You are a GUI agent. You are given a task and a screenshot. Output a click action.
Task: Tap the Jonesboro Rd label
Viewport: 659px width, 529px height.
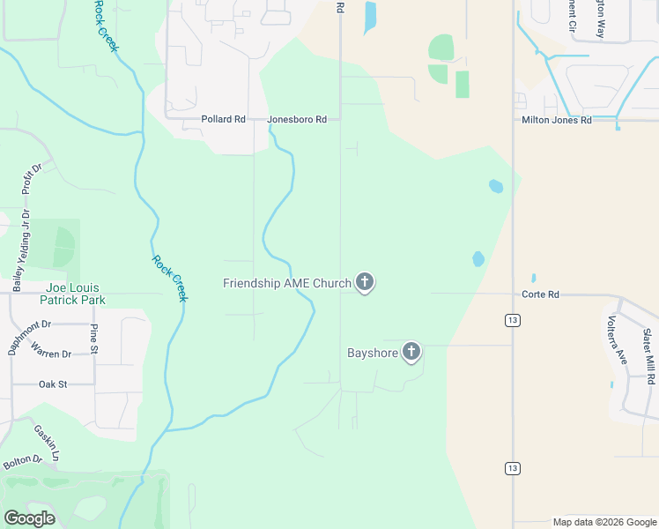point(298,119)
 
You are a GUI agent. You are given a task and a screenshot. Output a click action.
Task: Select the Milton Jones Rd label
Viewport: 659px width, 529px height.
point(557,120)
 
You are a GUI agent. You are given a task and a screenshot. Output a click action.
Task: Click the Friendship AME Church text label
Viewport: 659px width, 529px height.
point(286,283)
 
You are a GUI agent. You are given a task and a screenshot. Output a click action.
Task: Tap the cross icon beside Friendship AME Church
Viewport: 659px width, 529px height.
point(365,283)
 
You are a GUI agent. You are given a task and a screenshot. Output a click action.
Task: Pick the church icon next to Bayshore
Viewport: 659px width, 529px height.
point(411,353)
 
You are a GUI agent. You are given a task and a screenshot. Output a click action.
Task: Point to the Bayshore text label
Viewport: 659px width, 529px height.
point(372,354)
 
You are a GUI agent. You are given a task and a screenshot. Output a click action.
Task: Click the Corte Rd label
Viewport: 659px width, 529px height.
point(540,294)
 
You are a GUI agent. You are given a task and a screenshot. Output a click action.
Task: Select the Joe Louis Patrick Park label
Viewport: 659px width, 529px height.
point(72,294)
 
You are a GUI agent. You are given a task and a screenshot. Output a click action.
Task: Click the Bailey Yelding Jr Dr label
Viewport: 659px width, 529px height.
point(21,250)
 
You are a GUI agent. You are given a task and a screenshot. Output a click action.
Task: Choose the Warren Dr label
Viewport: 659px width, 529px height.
point(50,354)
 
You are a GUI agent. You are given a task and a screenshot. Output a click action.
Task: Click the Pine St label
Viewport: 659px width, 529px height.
point(93,339)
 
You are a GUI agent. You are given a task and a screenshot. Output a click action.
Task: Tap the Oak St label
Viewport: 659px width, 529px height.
point(53,384)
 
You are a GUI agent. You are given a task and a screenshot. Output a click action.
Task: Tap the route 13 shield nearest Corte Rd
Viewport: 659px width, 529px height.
point(512,320)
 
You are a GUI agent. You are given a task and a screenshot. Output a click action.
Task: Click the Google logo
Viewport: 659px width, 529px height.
point(29,518)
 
